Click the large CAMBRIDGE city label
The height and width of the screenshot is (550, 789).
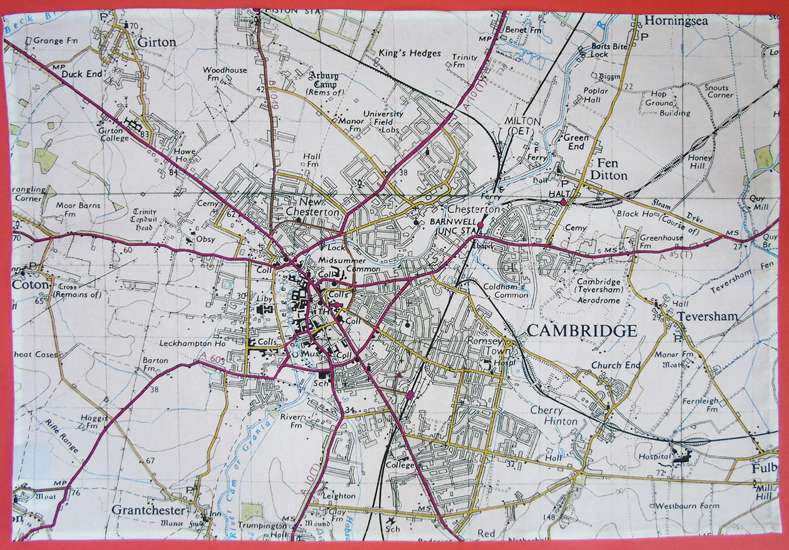581,331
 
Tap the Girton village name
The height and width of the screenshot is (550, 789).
157,42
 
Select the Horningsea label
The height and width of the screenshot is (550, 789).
676,21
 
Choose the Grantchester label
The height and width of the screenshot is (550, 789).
149,510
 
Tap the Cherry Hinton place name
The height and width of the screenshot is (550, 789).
554,415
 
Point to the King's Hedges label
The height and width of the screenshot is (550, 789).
409,53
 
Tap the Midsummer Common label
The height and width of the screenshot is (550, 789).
349,265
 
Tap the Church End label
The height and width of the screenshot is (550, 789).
616,365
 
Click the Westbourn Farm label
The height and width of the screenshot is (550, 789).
687,506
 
